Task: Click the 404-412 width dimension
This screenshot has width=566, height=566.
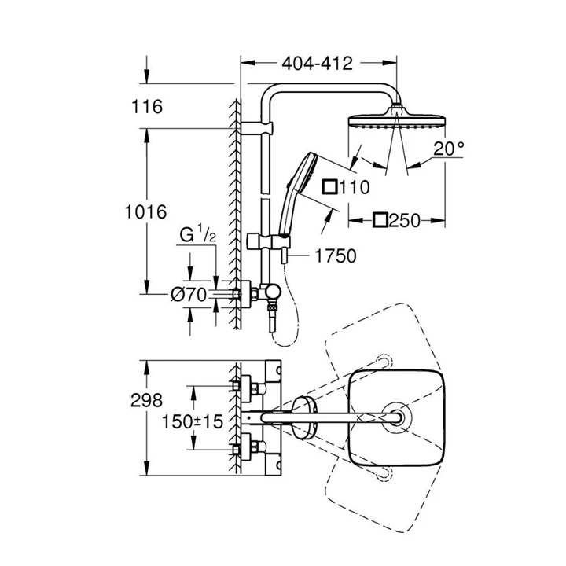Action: coord(317,64)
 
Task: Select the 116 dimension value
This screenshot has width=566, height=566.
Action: coord(147,107)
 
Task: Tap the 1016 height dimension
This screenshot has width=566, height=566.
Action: coord(146,211)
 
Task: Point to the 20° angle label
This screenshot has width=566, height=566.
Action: coord(449,149)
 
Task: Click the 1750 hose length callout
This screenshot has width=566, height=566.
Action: coord(336,256)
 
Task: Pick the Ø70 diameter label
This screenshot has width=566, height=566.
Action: coord(189,295)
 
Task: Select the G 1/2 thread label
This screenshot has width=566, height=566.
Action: coord(198,234)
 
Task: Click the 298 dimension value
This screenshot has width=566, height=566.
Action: coord(146,401)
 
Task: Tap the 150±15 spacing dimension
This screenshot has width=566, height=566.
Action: coord(193,421)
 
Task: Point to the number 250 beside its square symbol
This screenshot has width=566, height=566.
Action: coord(405,221)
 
